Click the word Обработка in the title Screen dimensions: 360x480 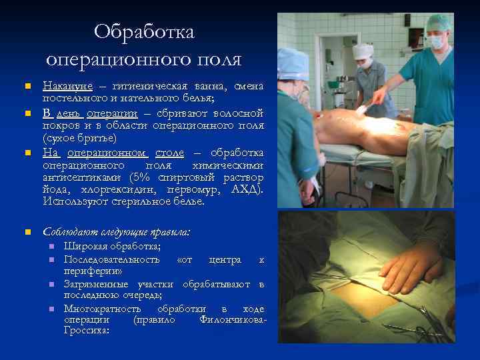[x=143, y=31]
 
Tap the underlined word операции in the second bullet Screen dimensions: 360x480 [x=111, y=112]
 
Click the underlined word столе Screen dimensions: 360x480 [x=171, y=152]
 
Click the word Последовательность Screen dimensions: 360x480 [x=111, y=259]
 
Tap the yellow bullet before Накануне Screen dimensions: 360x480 [x=27, y=87]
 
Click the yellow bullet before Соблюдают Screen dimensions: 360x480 [x=27, y=233]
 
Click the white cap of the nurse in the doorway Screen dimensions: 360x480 [x=363, y=51]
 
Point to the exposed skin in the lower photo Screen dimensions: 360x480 [x=363, y=294]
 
